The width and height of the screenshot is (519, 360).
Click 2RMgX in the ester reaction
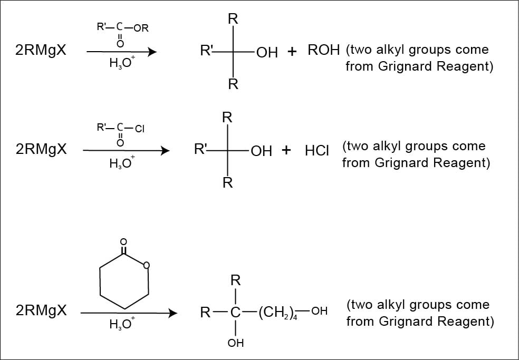41,52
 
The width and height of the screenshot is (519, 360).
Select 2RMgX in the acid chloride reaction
41,149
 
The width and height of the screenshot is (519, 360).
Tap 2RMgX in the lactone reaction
41,310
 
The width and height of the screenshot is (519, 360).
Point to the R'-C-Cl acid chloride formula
120,128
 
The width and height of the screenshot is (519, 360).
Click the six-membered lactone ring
124,279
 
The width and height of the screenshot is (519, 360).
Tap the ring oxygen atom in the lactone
147,265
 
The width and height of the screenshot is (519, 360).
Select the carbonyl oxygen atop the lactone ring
123,242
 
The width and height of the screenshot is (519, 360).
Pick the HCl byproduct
317,151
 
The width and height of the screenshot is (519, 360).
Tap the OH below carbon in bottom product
235,344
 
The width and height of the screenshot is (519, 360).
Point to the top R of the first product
233,20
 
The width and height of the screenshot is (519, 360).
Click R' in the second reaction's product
200,150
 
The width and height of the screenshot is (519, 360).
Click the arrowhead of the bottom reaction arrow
172,313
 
